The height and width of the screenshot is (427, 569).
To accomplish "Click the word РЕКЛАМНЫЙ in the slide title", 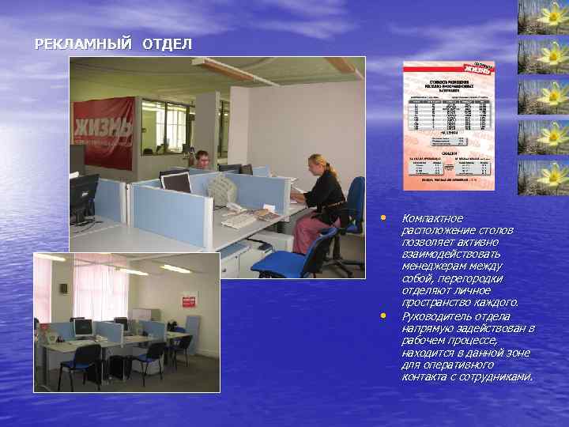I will (83, 44).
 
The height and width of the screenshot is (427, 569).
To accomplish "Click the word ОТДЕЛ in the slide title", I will (167, 44).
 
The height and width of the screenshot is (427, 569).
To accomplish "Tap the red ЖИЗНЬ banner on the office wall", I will (104, 131).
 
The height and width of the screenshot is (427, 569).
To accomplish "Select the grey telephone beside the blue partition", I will (222, 190).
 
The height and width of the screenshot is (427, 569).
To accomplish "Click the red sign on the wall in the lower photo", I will (189, 302).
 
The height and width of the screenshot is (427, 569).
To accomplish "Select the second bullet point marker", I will (382, 316).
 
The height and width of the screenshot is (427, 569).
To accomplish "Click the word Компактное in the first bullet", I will (432, 218).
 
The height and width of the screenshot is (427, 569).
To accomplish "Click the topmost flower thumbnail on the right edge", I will (543, 17).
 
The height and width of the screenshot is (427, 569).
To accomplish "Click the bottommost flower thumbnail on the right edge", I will (543, 176).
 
